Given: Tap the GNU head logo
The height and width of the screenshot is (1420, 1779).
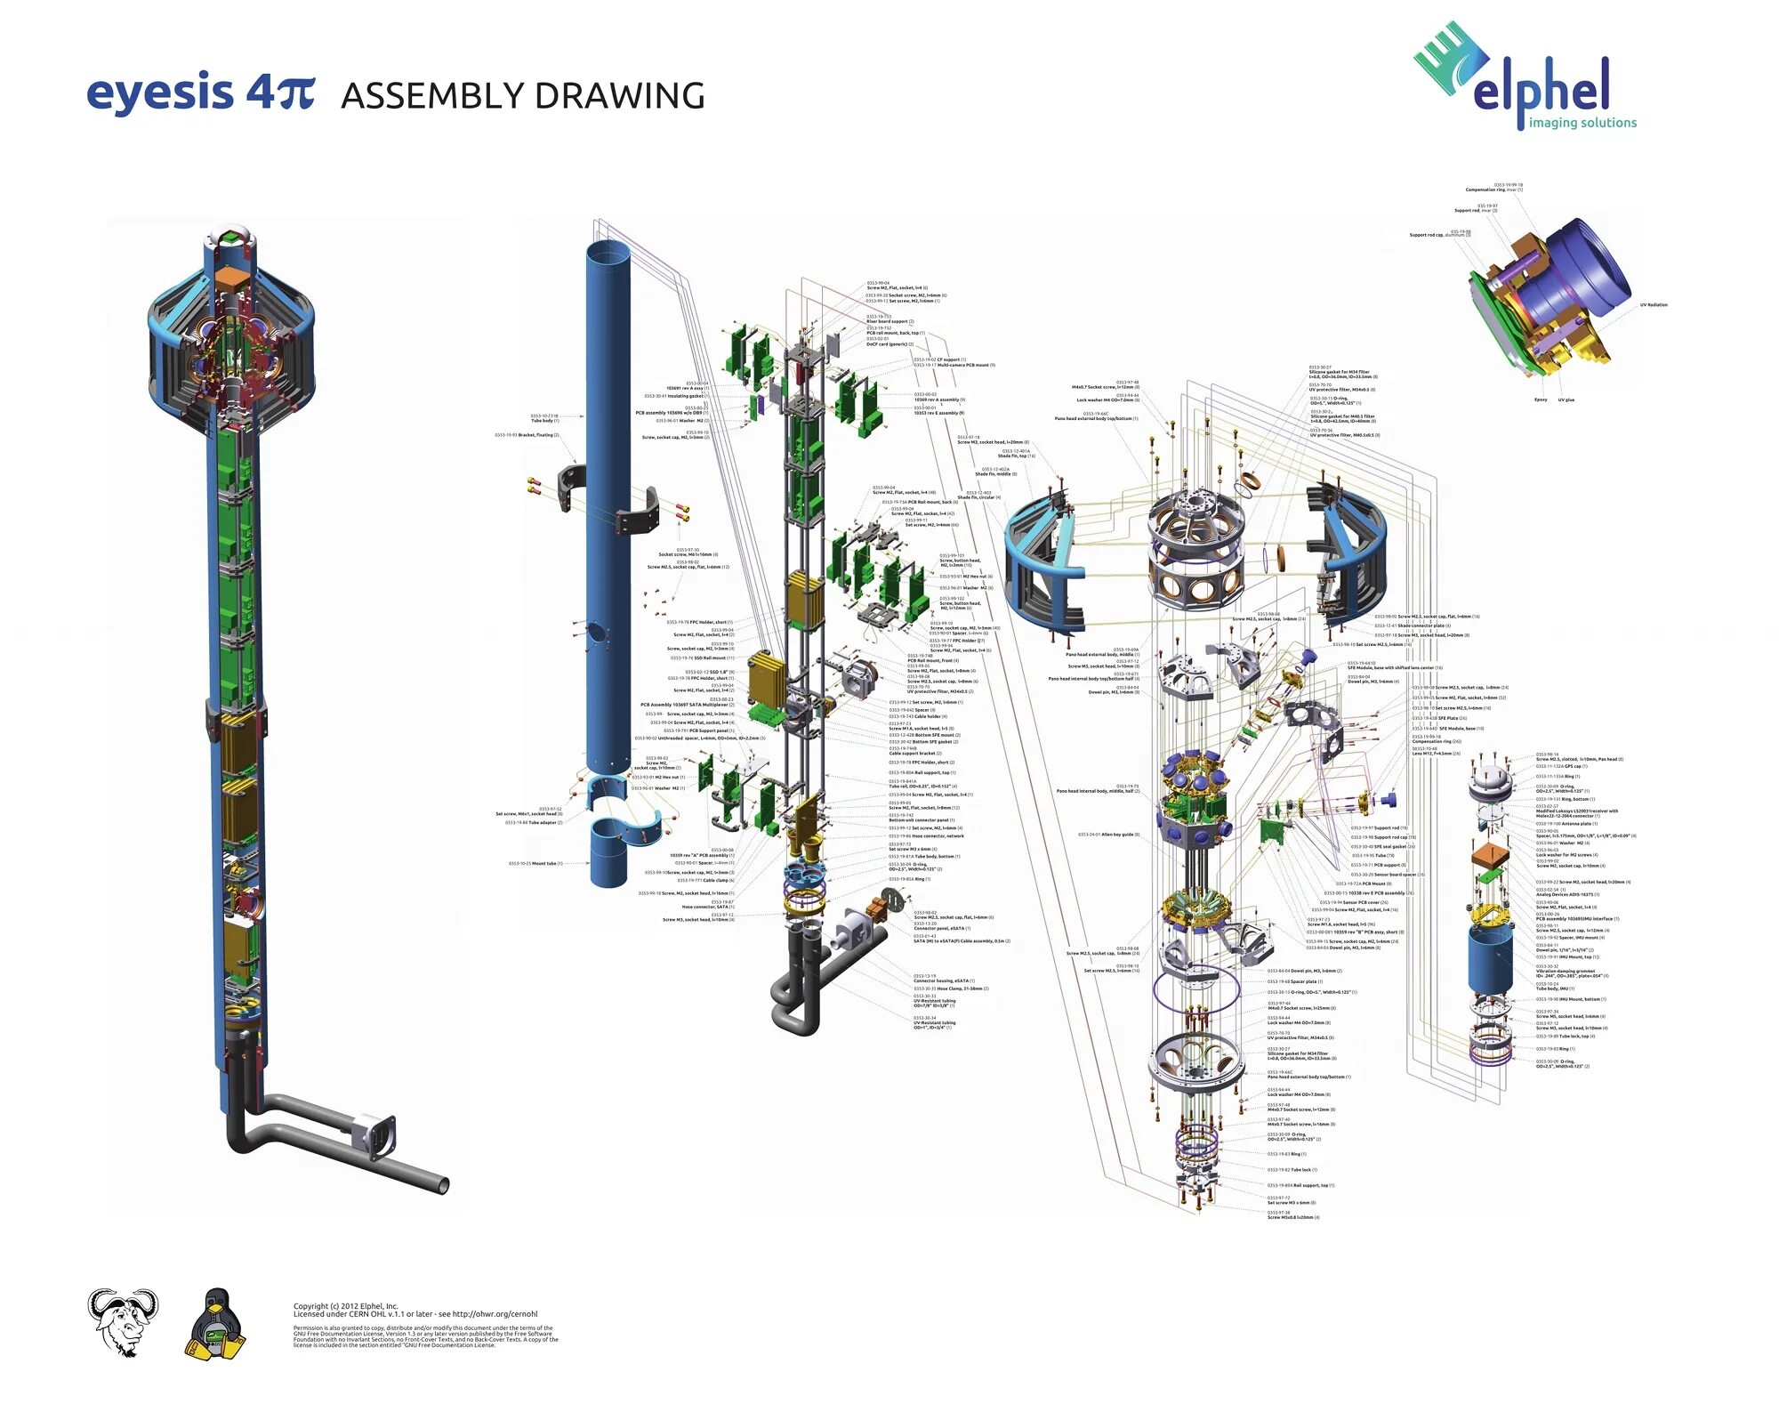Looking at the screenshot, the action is click(123, 1321).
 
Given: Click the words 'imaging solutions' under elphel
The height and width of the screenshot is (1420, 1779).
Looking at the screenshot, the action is click(1582, 123).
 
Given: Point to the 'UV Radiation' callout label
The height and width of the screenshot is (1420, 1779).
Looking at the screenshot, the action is click(1654, 305).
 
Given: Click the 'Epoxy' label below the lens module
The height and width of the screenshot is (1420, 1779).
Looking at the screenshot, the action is click(1541, 399).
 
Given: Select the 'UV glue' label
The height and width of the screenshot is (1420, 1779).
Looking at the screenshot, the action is click(1566, 399).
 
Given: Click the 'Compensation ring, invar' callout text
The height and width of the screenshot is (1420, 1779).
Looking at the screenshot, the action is click(1493, 190).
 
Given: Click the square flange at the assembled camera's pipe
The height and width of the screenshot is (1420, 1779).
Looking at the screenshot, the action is click(374, 1136).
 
